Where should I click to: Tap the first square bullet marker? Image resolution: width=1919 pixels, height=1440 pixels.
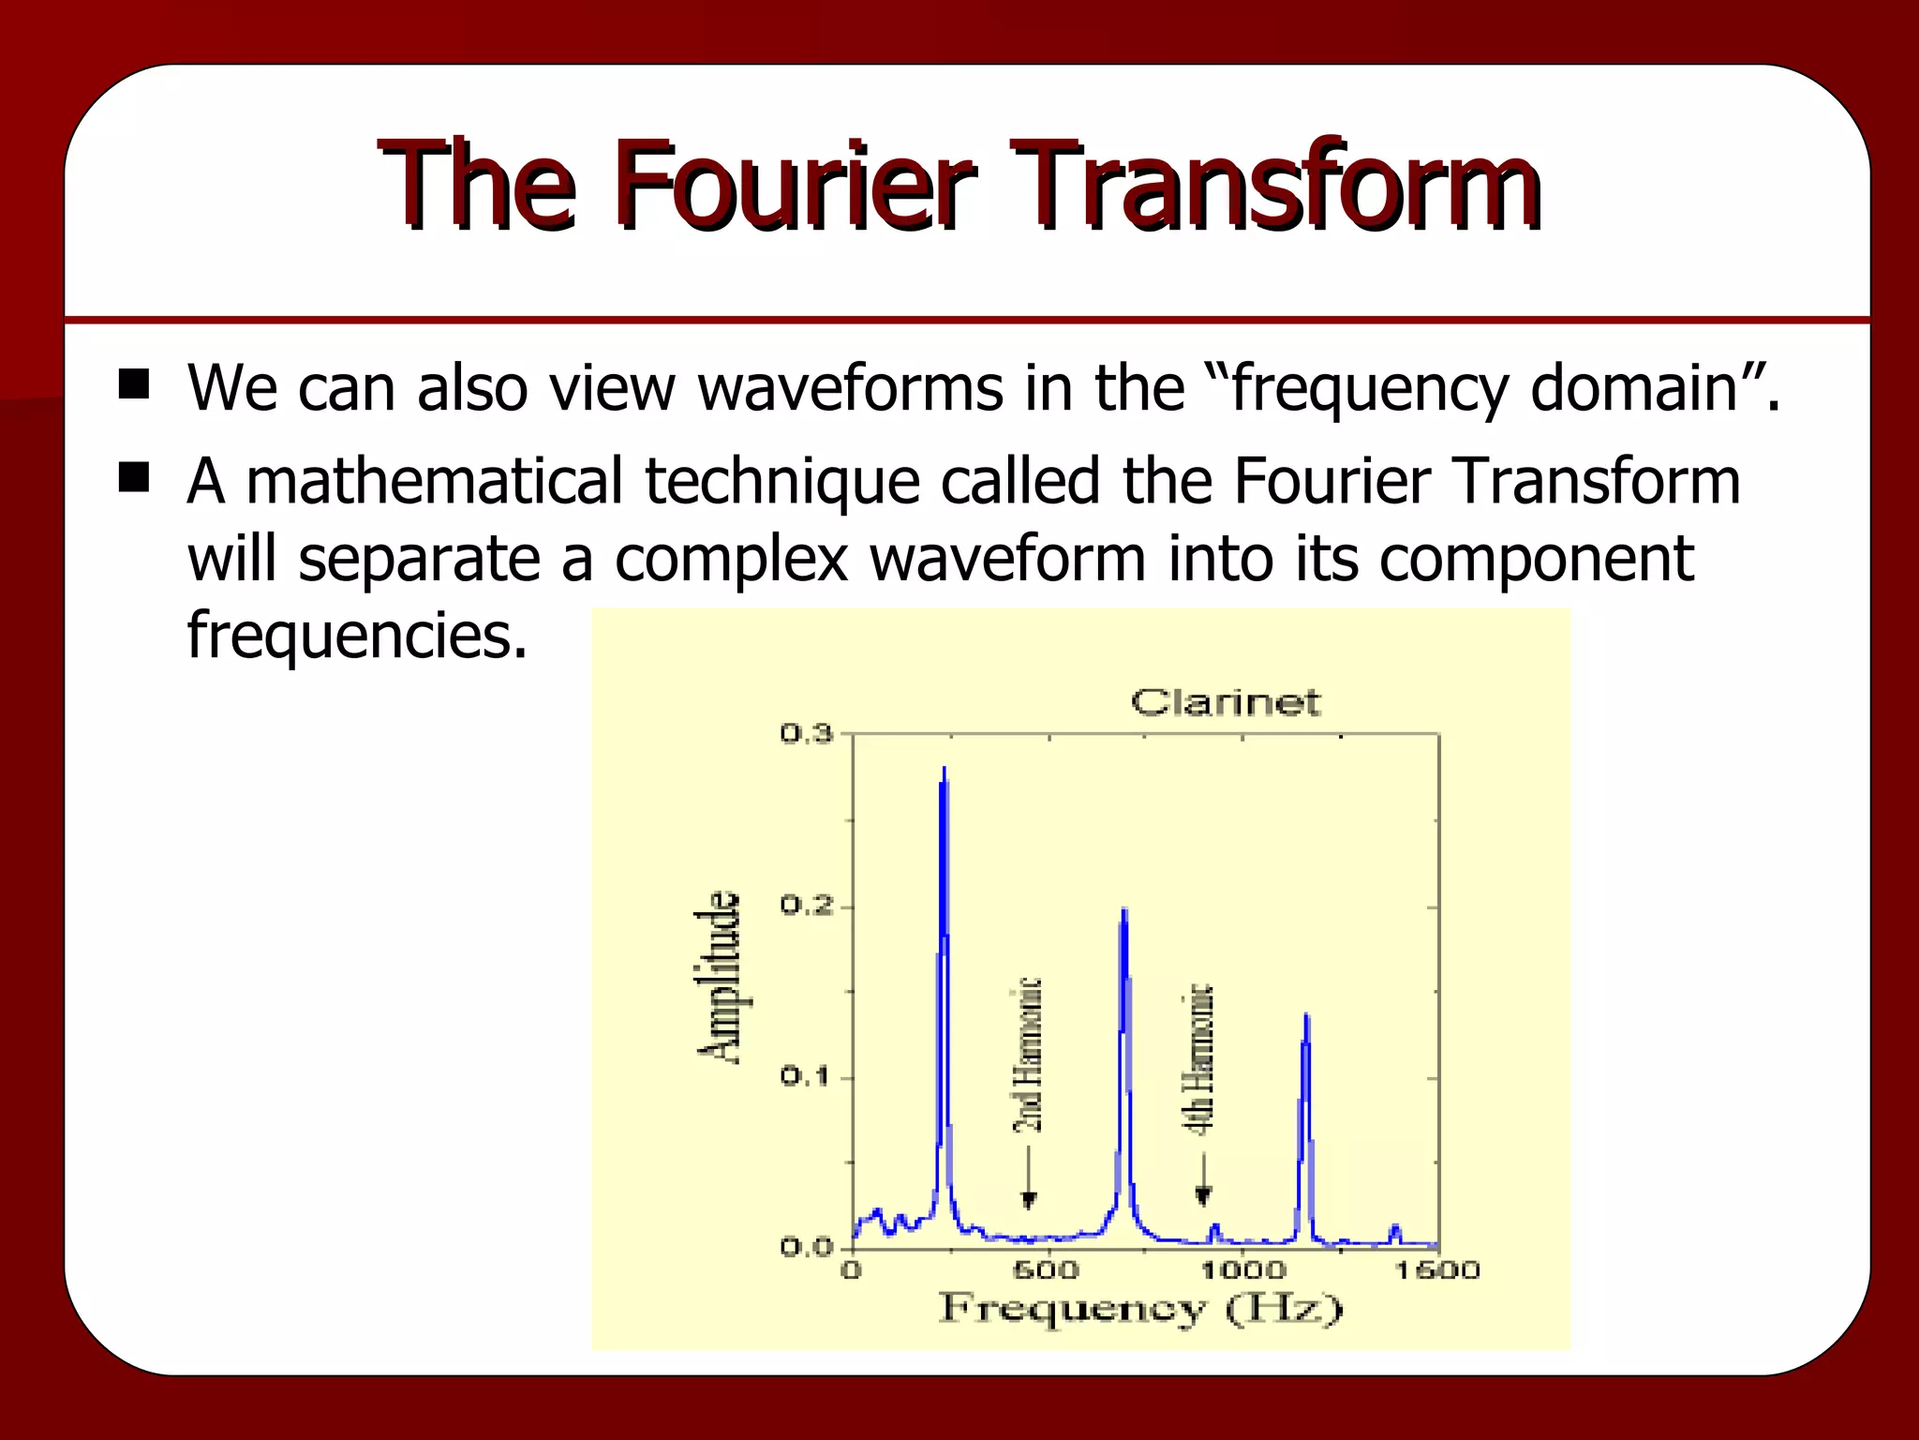tap(134, 384)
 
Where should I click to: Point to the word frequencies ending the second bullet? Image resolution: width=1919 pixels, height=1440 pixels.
tap(356, 636)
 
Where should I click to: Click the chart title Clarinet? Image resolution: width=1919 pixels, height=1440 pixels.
tap(1225, 702)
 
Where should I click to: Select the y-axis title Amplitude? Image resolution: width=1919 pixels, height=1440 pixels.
tap(721, 977)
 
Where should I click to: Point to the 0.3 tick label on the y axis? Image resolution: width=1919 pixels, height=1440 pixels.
tap(806, 734)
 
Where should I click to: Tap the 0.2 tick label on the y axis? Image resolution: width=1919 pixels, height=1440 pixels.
tap(806, 907)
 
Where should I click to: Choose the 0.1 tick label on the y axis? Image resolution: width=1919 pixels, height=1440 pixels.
tap(806, 1078)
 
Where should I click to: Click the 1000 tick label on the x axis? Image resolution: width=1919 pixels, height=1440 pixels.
tap(1242, 1271)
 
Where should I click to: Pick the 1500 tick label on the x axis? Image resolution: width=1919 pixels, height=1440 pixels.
tap(1437, 1271)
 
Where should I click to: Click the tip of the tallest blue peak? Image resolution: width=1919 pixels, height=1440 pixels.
tap(944, 768)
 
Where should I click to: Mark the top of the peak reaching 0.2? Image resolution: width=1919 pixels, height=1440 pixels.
tap(1123, 909)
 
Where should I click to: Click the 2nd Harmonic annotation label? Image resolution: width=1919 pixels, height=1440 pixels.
tap(1028, 1055)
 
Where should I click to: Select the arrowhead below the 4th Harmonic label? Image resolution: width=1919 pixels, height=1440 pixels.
tap(1203, 1196)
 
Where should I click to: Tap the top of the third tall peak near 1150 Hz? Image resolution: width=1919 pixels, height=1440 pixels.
tap(1305, 1015)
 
